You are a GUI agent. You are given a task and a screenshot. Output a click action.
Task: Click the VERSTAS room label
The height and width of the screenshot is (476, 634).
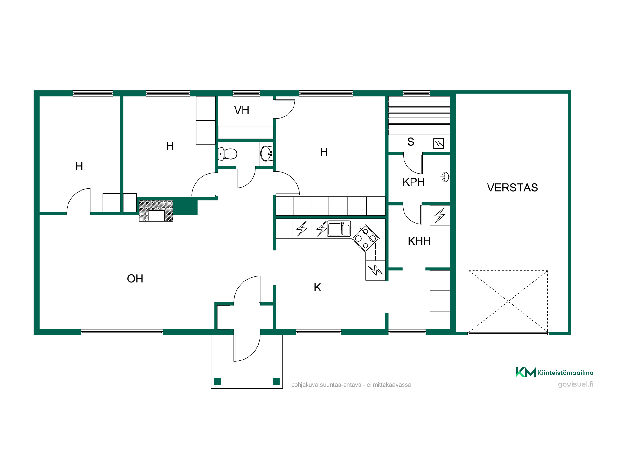(x=512, y=188)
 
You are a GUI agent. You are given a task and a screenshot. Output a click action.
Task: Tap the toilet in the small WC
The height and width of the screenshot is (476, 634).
(x=228, y=154)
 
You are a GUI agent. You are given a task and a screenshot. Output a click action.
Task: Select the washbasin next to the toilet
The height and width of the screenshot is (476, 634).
(x=266, y=154)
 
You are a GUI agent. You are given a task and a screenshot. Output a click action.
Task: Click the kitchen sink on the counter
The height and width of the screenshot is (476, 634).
(x=339, y=229)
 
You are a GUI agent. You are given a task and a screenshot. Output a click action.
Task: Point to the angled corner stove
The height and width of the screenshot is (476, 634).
(x=366, y=238)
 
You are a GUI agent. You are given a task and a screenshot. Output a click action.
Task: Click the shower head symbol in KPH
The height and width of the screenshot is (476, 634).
(x=445, y=177)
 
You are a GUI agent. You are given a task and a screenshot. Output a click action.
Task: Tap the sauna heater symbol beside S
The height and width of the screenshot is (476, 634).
(x=438, y=143)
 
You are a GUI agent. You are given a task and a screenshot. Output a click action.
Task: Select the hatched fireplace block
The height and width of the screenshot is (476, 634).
(x=156, y=211)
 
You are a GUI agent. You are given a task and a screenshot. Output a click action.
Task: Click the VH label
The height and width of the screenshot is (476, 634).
(x=242, y=110)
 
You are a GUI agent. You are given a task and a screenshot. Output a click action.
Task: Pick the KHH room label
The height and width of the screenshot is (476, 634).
(x=419, y=241)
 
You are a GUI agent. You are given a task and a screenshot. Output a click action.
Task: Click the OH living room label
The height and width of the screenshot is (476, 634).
(x=135, y=279)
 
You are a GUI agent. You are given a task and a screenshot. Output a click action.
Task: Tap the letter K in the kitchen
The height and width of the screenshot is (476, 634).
(x=317, y=287)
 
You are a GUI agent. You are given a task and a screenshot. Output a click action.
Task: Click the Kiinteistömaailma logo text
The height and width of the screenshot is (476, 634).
(x=565, y=373)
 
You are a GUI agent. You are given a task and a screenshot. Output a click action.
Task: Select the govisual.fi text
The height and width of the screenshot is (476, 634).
(x=576, y=384)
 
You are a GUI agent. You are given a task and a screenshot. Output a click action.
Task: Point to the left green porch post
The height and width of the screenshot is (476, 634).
(x=217, y=381)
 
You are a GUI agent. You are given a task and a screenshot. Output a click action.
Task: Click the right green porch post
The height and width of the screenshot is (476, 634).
(x=276, y=381)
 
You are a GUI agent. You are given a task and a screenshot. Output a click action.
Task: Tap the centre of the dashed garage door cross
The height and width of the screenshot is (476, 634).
(x=508, y=301)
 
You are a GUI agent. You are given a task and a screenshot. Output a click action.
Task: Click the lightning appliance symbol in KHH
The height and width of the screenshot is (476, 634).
(x=440, y=215)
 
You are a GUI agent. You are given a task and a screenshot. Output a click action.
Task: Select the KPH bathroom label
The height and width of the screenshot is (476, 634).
(x=413, y=182)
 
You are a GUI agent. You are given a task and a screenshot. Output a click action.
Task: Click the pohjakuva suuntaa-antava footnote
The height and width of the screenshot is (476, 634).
(x=351, y=385)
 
